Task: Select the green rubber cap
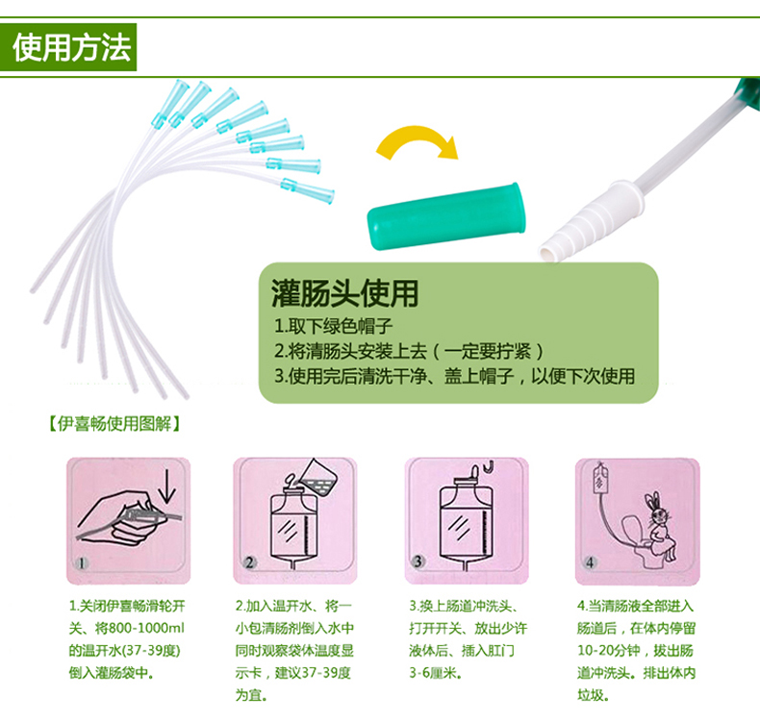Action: coord(446,216)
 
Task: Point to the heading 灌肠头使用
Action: coord(344,293)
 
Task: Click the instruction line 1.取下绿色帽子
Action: coord(334,326)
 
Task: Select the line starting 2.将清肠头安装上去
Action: coord(409,351)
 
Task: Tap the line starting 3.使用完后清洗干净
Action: coord(455,376)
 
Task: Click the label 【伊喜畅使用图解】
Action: coord(114,424)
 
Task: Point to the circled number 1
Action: coord(83,562)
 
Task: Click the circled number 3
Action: coord(418,561)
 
